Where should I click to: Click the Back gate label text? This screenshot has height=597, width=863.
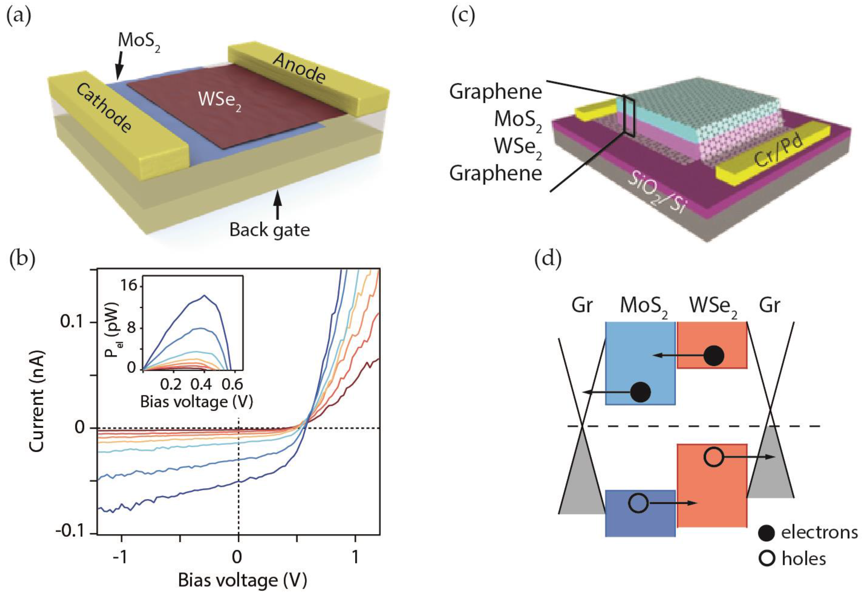[x=270, y=230]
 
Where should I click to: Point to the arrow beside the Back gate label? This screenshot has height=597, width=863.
[x=277, y=204]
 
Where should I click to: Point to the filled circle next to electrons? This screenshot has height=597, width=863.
[x=767, y=533]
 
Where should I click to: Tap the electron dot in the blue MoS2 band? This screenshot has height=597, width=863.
[x=640, y=392]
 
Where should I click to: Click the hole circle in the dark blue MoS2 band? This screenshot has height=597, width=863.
[x=638, y=503]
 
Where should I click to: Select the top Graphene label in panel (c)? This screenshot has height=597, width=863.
[x=495, y=92]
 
